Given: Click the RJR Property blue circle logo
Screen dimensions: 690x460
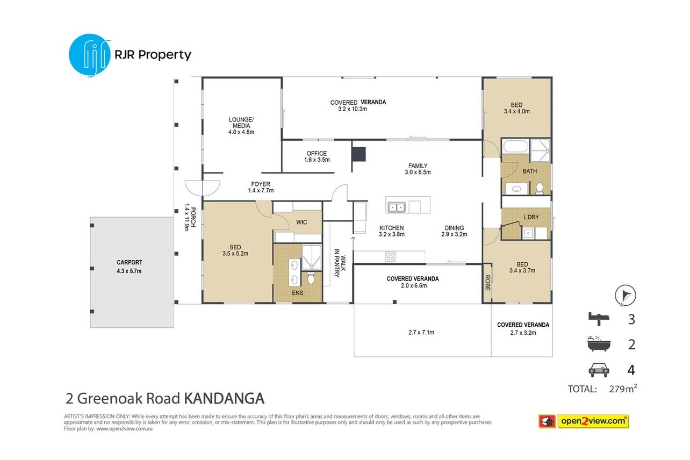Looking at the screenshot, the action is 90,55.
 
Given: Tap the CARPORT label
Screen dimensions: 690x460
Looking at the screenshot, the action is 130,262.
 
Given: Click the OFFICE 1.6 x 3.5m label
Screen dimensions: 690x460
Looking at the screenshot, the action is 317,156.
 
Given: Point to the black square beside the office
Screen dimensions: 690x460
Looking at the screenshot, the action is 359,154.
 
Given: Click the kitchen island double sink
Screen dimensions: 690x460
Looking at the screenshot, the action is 396,207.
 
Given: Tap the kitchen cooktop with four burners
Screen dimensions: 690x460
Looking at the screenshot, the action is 390,257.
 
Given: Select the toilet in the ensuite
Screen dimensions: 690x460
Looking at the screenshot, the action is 311,278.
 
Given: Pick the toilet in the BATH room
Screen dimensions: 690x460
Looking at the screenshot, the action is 540,188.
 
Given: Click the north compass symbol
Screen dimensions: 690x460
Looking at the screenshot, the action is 626,296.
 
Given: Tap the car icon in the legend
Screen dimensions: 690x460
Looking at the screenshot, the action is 599,370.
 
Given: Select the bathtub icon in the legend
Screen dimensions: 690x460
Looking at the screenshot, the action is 599,344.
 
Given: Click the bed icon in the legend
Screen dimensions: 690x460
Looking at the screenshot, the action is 599,319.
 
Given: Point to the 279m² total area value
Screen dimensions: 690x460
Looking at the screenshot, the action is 623,389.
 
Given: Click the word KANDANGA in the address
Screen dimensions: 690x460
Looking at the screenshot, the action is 224,398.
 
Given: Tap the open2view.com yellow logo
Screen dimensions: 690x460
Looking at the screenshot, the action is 593,421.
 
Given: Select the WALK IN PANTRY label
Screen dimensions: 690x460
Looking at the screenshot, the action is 340,263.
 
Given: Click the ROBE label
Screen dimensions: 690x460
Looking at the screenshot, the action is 487,283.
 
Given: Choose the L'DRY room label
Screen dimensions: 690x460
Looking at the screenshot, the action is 531,217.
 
